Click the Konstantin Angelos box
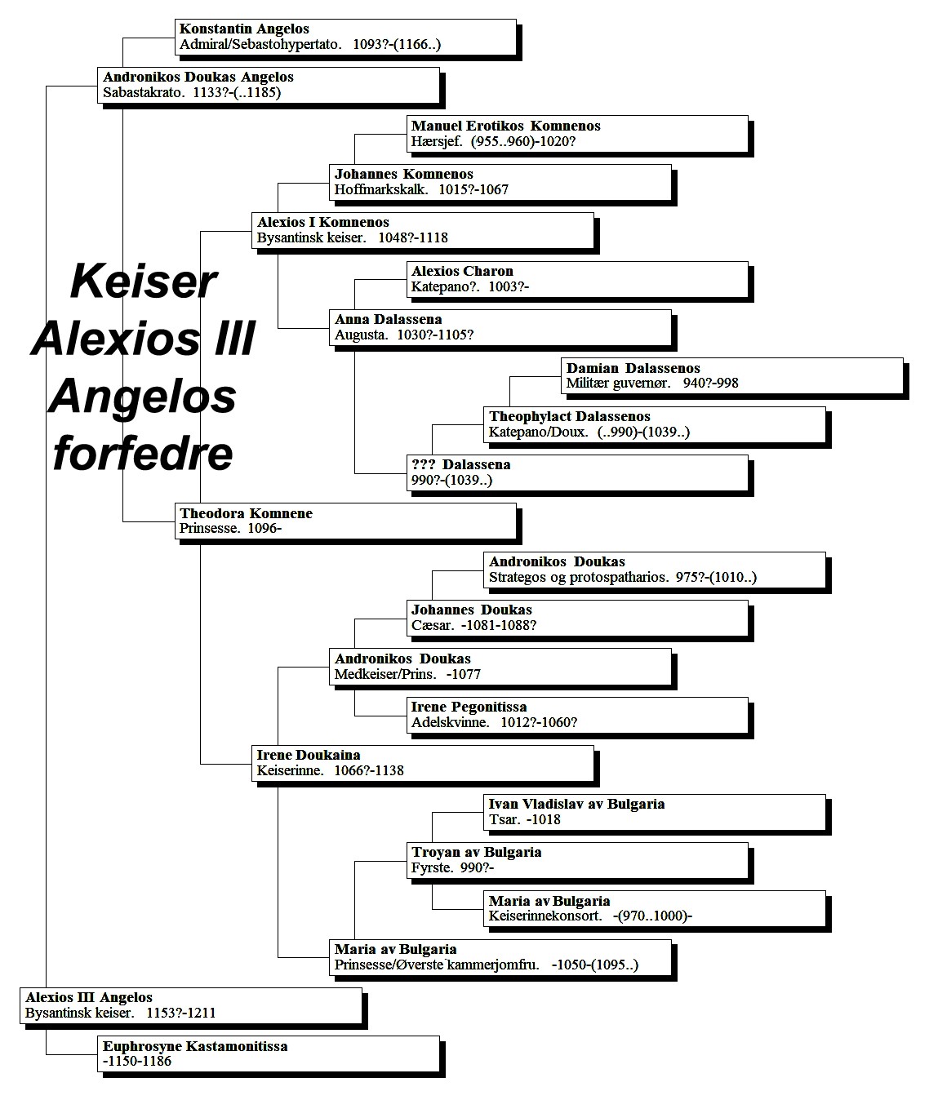345,37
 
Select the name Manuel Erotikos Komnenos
506,126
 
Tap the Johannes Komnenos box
500,182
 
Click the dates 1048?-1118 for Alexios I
413,237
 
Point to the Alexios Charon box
577,279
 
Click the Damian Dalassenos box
732,376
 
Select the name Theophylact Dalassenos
570,416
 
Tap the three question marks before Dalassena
423,464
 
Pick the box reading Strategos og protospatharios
655,570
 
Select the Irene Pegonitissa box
577,716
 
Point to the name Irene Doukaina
309,755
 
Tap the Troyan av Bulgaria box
577,861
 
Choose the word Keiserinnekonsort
545,916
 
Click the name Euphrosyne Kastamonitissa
195,1046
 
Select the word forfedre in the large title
143,454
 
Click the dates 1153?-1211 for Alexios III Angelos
180,1013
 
